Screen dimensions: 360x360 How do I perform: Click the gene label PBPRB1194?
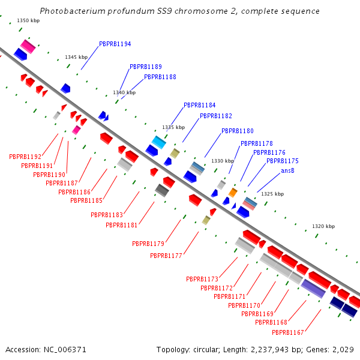click(x=115, y=44)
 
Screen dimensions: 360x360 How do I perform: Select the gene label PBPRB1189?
click(x=145, y=67)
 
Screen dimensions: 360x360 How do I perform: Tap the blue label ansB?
click(x=288, y=171)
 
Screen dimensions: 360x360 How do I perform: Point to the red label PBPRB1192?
click(x=25, y=157)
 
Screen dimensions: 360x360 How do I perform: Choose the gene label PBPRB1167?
click(x=288, y=332)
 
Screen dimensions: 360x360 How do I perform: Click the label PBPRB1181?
click(x=122, y=225)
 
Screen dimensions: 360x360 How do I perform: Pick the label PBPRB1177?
click(x=166, y=256)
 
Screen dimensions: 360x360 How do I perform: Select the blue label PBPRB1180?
click(x=237, y=131)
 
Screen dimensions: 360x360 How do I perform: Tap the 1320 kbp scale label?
click(x=323, y=226)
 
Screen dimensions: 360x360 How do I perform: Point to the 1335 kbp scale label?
click(x=173, y=128)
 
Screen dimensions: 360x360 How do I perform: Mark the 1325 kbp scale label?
click(x=272, y=194)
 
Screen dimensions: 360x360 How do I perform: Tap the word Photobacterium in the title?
click(x=68, y=11)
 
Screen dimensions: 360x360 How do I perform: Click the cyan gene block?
click(x=158, y=142)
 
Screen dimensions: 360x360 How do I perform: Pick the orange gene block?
click(x=233, y=193)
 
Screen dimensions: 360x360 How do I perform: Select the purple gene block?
click(x=313, y=288)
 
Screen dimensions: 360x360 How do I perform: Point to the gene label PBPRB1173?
click(x=202, y=279)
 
